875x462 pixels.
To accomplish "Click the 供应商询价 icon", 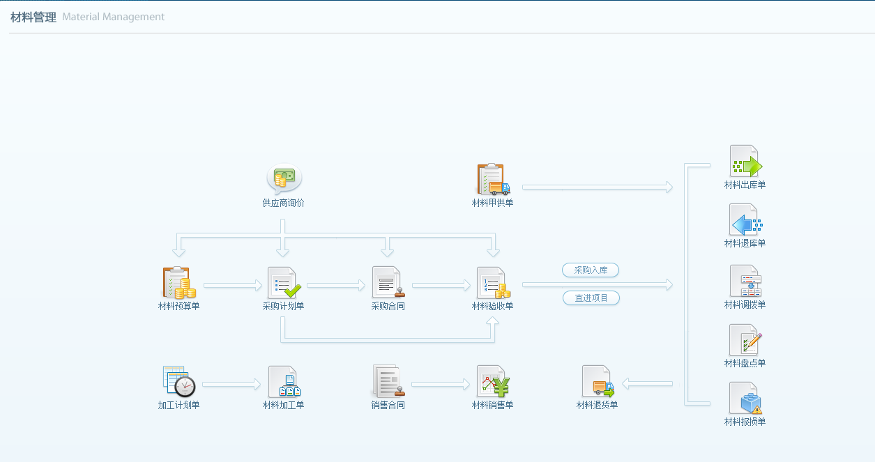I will pyautogui.click(x=284, y=178).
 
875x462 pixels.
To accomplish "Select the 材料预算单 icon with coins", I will pyautogui.click(x=178, y=283).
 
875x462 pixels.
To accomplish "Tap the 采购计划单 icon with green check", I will pyautogui.click(x=283, y=283).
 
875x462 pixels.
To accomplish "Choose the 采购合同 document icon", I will pyautogui.click(x=388, y=283).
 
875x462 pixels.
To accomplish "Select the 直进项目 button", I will pyautogui.click(x=591, y=298).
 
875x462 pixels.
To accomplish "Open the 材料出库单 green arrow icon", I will pyautogui.click(x=745, y=162).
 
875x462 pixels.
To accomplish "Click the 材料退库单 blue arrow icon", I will pyautogui.click(x=745, y=220).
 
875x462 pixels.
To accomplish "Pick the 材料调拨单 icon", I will pyautogui.click(x=745, y=282).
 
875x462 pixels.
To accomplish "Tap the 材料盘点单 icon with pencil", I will pyautogui.click(x=745, y=340).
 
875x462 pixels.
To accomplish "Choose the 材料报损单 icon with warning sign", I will pyautogui.click(x=745, y=399).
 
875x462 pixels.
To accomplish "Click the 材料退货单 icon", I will pyautogui.click(x=598, y=382).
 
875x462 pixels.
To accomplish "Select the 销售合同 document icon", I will pyautogui.click(x=388, y=382).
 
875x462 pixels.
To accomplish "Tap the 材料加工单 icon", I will pyautogui.click(x=283, y=382).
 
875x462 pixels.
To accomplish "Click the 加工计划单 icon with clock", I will pyautogui.click(x=178, y=382).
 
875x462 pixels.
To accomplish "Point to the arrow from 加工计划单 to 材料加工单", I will pyautogui.click(x=231, y=384).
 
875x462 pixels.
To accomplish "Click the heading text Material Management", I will pyautogui.click(x=113, y=17).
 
